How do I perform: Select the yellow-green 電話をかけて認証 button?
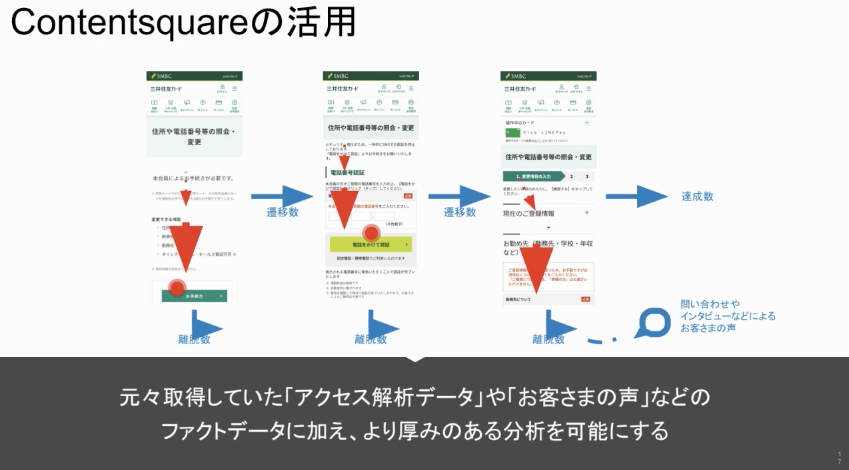tap(371, 245)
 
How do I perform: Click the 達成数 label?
tap(697, 196)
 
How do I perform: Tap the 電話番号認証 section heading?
tap(347, 173)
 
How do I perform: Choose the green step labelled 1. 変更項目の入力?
tap(532, 176)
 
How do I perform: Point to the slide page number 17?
tap(839, 457)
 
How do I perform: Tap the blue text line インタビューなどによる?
tap(728, 316)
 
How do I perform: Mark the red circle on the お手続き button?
tap(177, 288)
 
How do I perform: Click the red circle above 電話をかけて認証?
tap(372, 233)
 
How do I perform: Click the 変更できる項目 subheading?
tap(169, 219)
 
